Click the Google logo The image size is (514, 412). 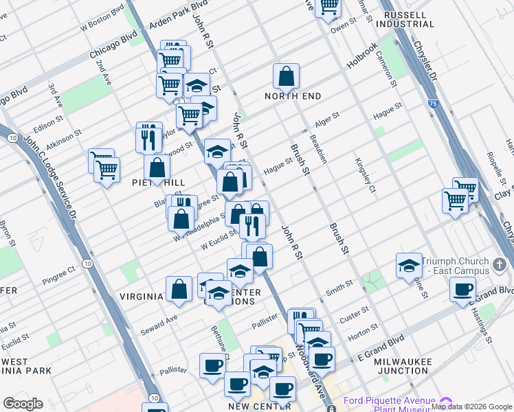23,404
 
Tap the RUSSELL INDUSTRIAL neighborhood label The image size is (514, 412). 410,19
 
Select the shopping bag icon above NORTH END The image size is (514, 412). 286,76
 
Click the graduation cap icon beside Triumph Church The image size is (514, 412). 409,266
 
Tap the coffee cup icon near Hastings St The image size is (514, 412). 462,288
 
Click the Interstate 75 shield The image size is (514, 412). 431,103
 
